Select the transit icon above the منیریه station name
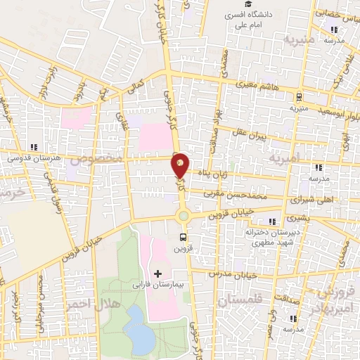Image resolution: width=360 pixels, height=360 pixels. [300, 97]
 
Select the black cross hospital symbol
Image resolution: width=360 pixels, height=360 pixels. [157, 272]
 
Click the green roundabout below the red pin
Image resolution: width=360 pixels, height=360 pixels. [184, 216]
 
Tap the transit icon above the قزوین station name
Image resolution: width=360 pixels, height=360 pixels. [184, 237]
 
